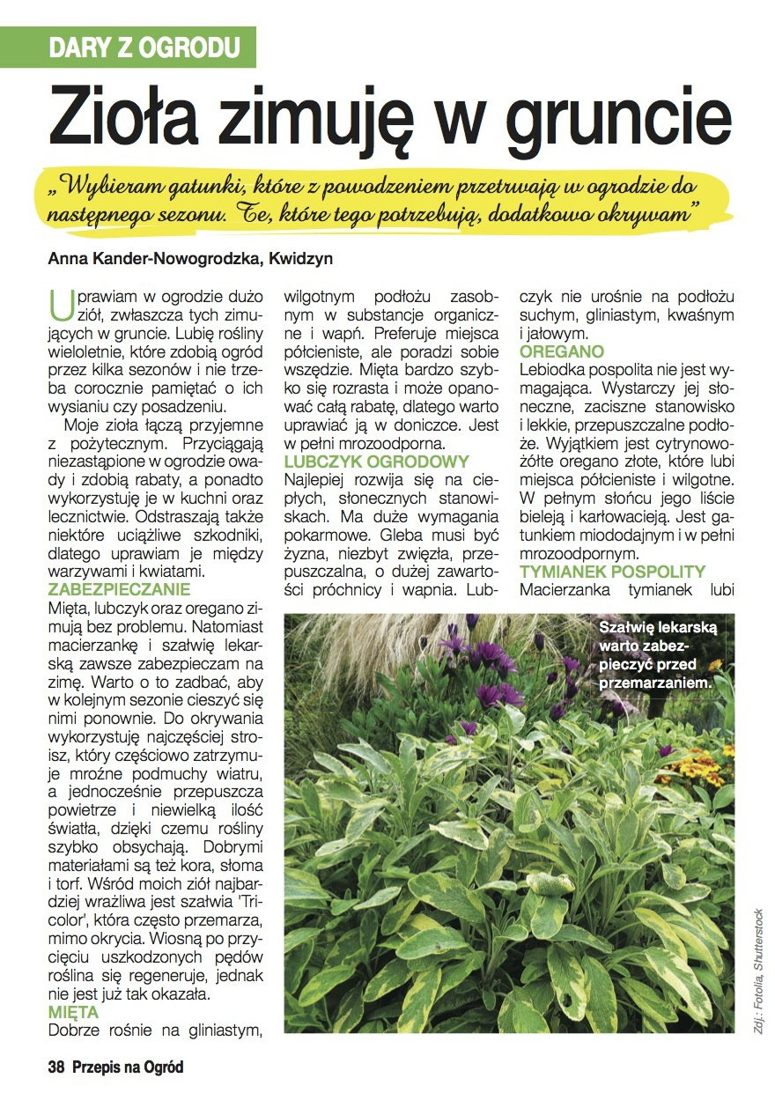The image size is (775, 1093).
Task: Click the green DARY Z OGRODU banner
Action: click(144, 48)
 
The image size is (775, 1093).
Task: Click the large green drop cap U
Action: click(59, 306)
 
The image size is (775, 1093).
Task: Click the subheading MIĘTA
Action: click(74, 1012)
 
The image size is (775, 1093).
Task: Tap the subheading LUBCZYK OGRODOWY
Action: click(376, 462)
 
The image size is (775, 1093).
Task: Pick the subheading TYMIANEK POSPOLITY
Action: click(613, 572)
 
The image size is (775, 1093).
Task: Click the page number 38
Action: click(57, 1067)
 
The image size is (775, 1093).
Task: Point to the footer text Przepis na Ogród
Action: click(129, 1067)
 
